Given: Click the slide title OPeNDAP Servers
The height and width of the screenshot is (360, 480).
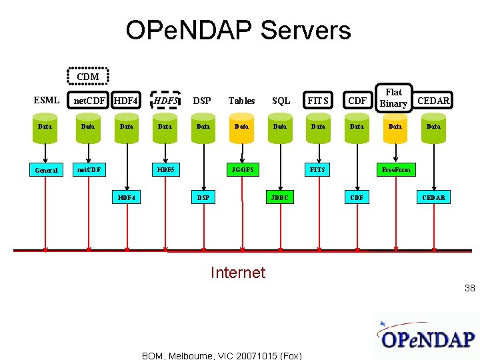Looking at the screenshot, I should (x=238, y=31).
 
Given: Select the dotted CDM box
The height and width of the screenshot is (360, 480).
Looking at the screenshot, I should (x=88, y=77).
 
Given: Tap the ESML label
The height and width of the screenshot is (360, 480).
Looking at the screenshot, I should (x=46, y=101).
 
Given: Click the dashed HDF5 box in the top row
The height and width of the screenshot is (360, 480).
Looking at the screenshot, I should (x=165, y=101).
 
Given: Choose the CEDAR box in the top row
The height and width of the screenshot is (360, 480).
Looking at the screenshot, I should (x=433, y=101).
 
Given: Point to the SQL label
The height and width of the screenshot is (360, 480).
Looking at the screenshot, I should (x=281, y=101).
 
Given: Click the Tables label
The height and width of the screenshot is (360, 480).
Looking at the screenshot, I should (x=241, y=101).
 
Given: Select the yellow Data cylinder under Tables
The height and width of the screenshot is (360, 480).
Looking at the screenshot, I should (x=241, y=127).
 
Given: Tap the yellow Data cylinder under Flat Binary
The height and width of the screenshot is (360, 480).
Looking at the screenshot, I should (x=395, y=127).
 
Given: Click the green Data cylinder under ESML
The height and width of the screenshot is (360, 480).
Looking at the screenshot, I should (x=45, y=127).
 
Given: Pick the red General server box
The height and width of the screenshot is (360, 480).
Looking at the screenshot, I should (x=46, y=170).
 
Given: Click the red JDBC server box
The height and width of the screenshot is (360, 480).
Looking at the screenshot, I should (x=280, y=197).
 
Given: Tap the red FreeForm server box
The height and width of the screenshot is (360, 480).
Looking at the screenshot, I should (x=395, y=169).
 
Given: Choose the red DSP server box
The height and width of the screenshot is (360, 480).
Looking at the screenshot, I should (x=203, y=197).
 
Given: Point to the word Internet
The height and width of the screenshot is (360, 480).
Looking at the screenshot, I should (x=238, y=272).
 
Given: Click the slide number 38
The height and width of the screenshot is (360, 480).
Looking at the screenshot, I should (x=470, y=288).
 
